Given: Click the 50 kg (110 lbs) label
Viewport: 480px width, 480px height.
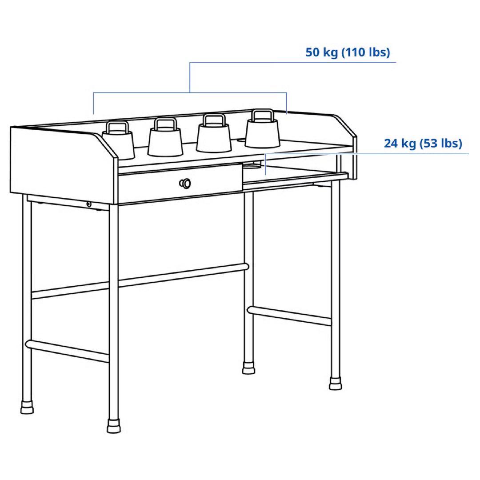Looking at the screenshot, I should coord(347,52).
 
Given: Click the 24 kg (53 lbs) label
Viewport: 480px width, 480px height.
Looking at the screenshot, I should coord(423,144).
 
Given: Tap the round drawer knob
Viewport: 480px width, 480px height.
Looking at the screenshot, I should coord(185,183).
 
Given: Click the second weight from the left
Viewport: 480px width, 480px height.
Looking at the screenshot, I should coord(165,140).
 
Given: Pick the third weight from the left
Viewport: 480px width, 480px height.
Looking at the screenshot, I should coord(213,136).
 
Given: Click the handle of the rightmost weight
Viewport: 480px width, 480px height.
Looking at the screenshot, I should coord(262,115).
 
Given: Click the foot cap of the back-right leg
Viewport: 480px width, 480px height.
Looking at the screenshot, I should coord(249,368).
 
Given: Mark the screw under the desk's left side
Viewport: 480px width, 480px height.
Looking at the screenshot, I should coord(89,204).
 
